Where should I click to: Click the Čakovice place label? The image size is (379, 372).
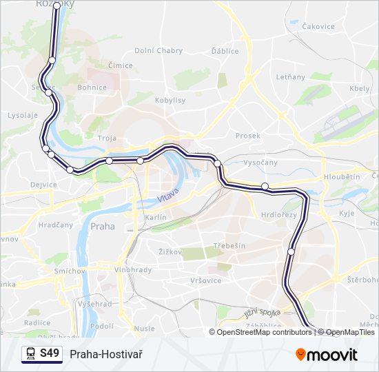click(x=318, y=27)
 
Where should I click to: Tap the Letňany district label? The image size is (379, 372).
click(x=290, y=76)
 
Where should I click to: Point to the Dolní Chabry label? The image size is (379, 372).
click(x=158, y=50)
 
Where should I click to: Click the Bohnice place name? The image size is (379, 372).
click(x=92, y=87)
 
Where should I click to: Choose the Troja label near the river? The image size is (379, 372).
click(x=107, y=138)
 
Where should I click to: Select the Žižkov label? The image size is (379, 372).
click(x=170, y=251)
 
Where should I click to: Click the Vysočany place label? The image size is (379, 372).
click(x=260, y=163)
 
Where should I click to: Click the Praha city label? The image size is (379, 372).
click(x=103, y=226)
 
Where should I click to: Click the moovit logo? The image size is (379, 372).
click(x=327, y=355)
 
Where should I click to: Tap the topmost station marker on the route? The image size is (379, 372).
click(x=57, y=6)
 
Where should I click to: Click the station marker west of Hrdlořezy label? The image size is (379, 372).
click(x=265, y=186)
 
